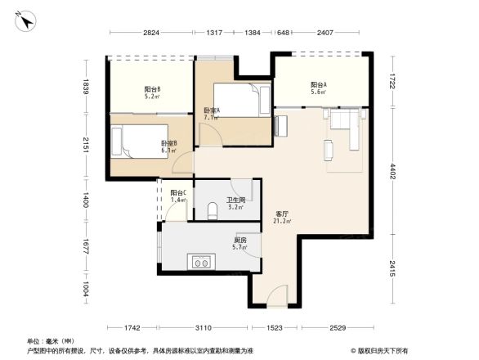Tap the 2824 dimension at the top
tap(151, 33)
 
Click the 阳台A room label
tap(319, 85)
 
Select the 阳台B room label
tap(152, 89)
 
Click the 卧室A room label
tap(211, 111)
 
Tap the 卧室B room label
tap(169, 144)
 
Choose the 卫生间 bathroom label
tap(236, 200)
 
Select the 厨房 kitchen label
tap(239, 241)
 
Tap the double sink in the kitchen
tap(201, 263)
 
